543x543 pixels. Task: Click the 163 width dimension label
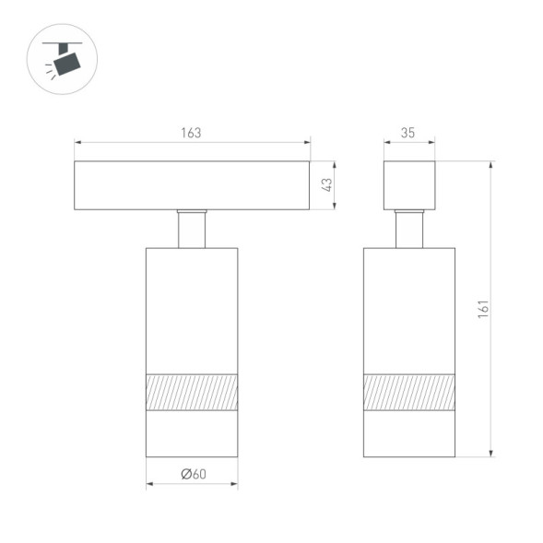191,133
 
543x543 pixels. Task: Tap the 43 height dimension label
325,185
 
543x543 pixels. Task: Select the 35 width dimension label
407,133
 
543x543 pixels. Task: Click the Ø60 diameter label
192,474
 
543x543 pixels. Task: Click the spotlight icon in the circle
62,59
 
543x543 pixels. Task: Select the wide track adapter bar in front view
192,185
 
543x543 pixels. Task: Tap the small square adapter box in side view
408,185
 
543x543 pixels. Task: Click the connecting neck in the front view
192,229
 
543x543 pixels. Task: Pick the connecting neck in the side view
408,229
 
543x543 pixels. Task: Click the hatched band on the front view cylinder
192,392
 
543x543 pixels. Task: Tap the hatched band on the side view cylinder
408,392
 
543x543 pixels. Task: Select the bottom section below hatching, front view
192,433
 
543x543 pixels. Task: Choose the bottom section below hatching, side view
408,433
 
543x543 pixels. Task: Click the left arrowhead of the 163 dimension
77,143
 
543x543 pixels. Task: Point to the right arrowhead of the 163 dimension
307,143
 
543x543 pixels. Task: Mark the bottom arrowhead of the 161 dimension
491,453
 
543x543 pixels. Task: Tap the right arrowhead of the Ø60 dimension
234,485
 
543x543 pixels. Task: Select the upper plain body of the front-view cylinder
192,309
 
